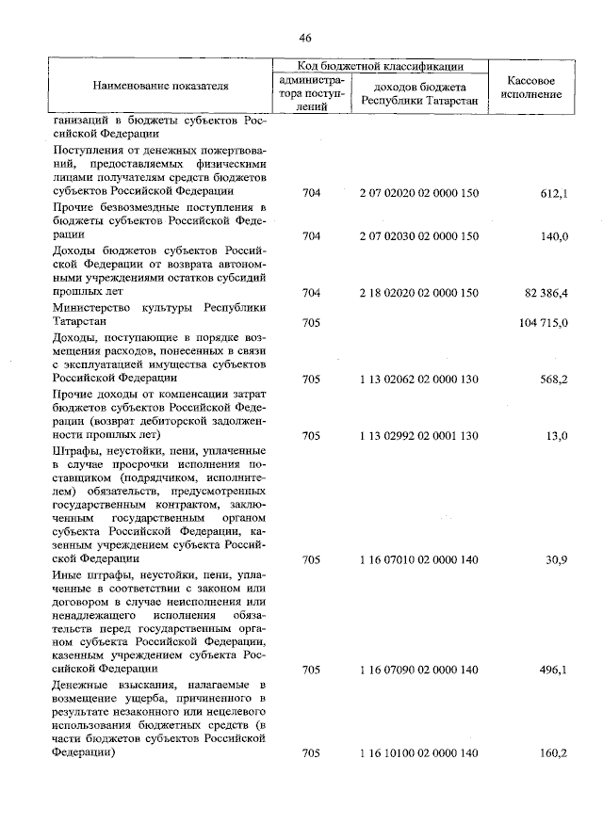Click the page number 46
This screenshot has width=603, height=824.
pos(304,38)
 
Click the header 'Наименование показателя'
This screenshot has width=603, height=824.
pos(161,87)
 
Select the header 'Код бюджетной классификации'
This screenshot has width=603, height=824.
pos(381,66)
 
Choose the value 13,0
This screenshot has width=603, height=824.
pos(556,436)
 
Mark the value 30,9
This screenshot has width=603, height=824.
pos(556,559)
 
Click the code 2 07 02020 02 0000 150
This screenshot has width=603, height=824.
pos(419,193)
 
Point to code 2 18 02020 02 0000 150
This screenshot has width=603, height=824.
pos(419,293)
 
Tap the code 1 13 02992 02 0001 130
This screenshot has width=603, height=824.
pos(419,436)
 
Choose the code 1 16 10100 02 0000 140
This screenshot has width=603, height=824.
pos(419,753)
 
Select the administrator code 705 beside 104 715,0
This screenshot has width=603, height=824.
pos(312,322)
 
